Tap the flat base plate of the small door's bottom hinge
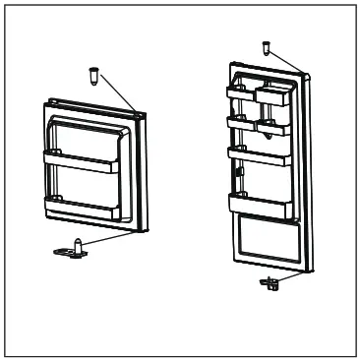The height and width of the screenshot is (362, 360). point(69,251)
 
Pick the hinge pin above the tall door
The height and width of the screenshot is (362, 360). point(267,46)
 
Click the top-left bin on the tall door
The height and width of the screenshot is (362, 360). point(239,93)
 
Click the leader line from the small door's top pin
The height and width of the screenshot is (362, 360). point(121,94)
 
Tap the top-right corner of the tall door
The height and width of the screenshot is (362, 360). point(305,75)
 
